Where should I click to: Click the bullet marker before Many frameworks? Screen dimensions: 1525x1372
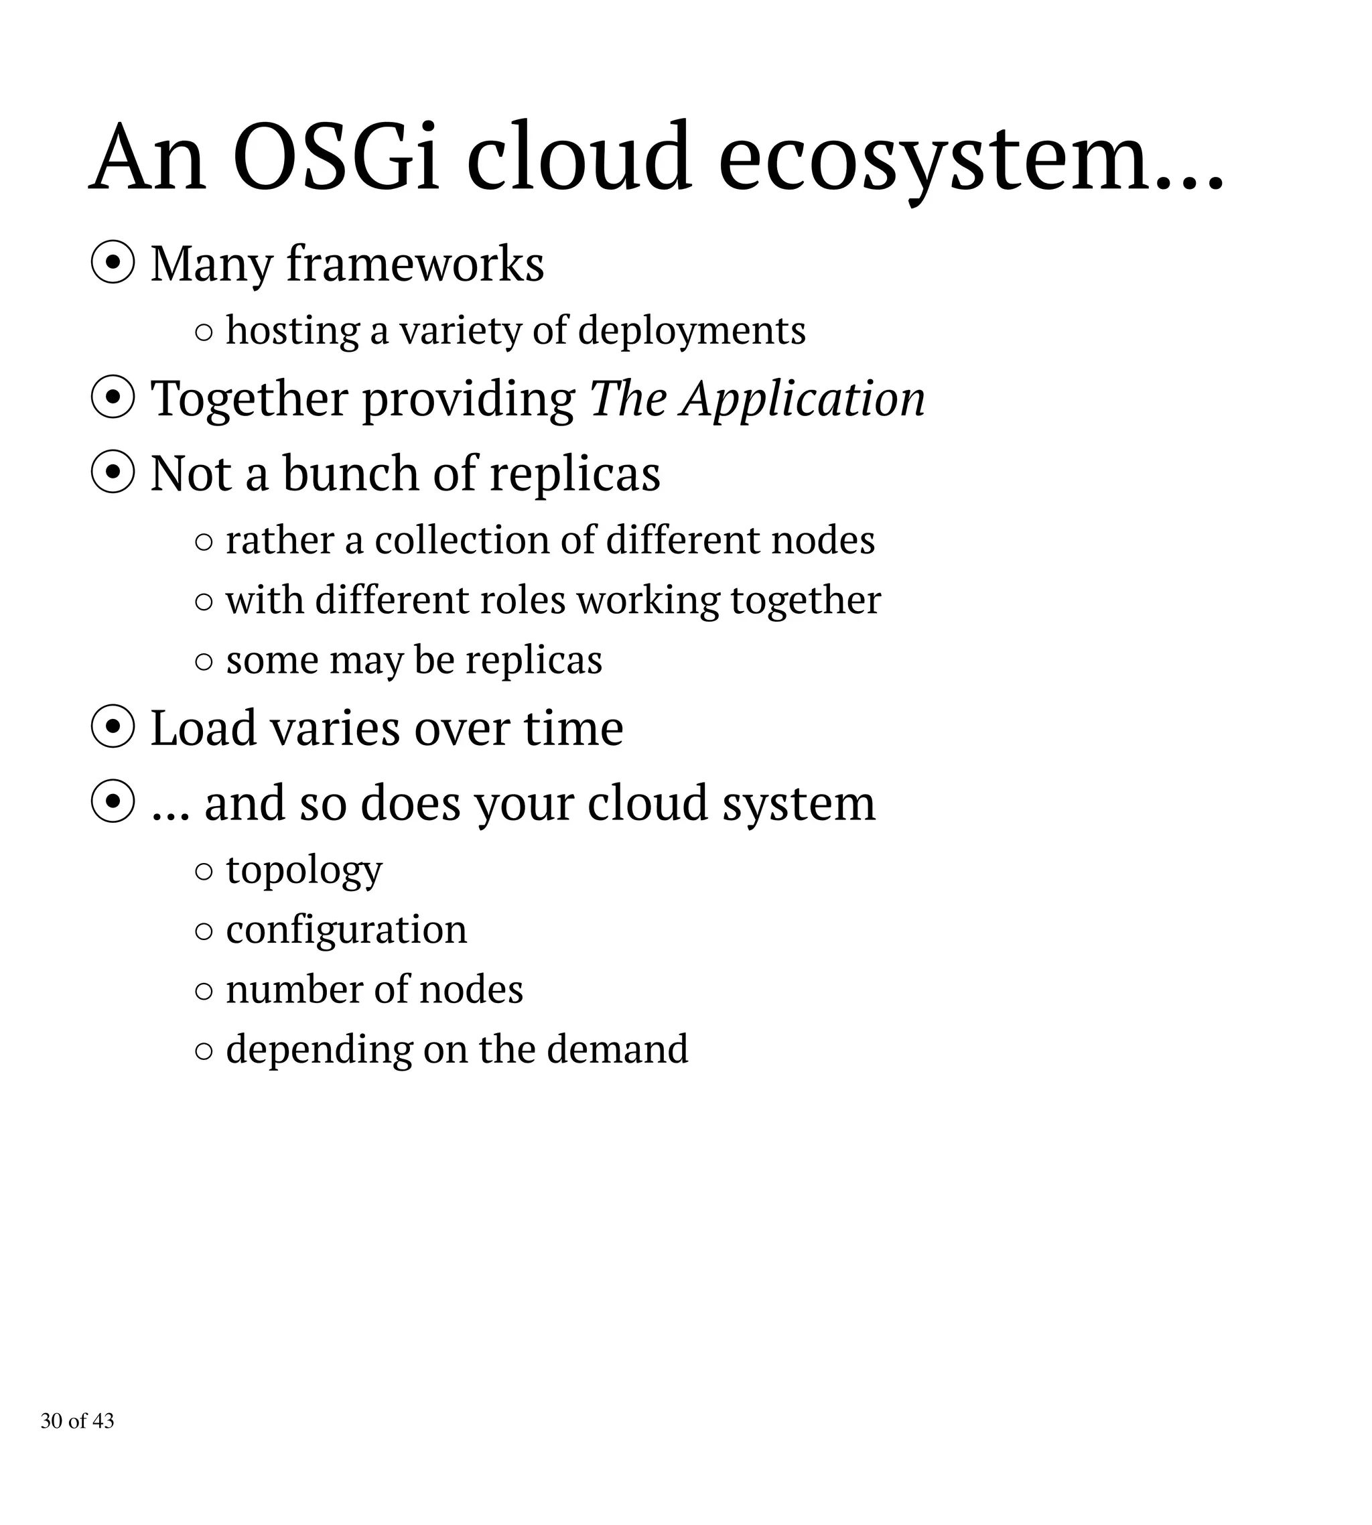point(113,264)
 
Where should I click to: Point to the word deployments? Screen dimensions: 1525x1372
point(691,331)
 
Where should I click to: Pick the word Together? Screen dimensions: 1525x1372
point(249,399)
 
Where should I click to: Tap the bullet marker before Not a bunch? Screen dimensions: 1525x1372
point(113,474)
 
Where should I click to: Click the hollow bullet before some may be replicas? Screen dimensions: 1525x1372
point(204,661)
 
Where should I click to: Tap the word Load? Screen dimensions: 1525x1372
point(203,728)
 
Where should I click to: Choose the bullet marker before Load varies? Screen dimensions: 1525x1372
point(113,728)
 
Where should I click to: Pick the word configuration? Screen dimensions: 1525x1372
point(346,930)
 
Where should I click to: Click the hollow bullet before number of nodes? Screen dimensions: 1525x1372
point(204,990)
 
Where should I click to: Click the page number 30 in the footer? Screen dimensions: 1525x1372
point(52,1421)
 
